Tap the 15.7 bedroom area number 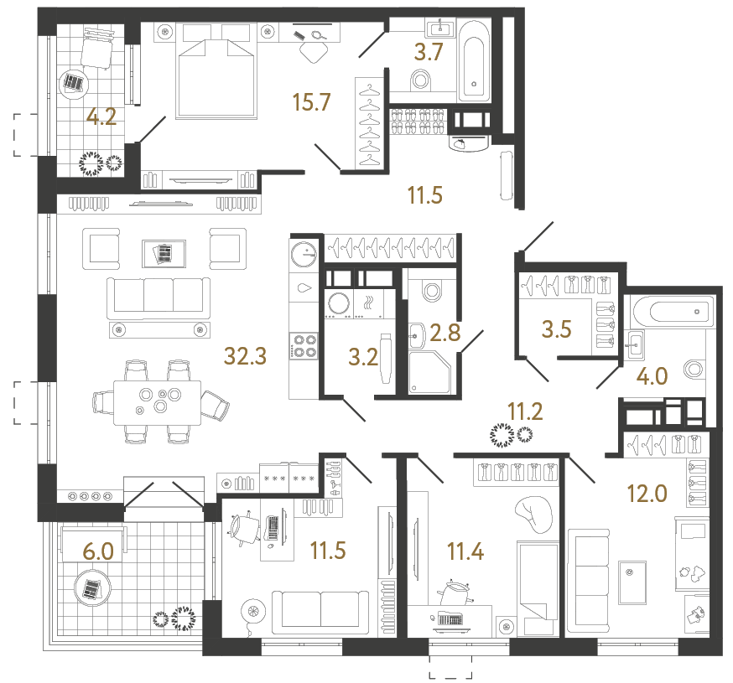click(312, 102)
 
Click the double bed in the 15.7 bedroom click(216, 74)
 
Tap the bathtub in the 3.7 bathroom click(473, 60)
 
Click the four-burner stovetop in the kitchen click(303, 346)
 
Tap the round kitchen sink click(303, 250)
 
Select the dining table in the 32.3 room click(159, 399)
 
